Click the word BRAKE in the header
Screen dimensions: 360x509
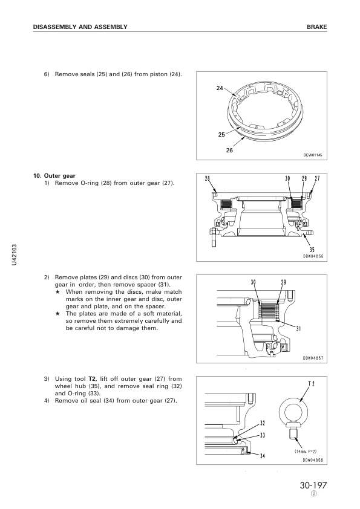pos(317,27)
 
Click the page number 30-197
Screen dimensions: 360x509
pos(313,485)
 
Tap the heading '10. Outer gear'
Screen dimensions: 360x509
pos(54,176)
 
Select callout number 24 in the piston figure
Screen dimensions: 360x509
pos(220,88)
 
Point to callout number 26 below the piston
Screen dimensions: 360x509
pos(229,151)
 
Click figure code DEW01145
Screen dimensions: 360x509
pos(313,155)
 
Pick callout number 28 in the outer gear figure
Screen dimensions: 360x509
pos(208,178)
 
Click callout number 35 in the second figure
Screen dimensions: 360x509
pos(312,250)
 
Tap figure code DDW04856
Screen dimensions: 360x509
pos(313,256)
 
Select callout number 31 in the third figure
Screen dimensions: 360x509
pos(299,328)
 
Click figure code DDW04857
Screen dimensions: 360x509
pos(313,358)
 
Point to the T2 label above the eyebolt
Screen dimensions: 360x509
pos(311,384)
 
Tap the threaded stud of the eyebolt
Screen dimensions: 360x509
pos(293,433)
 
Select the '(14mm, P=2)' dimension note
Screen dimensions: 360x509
pos(306,451)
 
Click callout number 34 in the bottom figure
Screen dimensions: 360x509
pos(263,456)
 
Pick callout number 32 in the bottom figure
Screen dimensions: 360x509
pos(263,423)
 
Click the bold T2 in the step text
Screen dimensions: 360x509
pos(91,379)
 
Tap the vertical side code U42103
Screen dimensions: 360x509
pos(14,255)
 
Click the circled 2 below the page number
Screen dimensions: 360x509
pos(314,494)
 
